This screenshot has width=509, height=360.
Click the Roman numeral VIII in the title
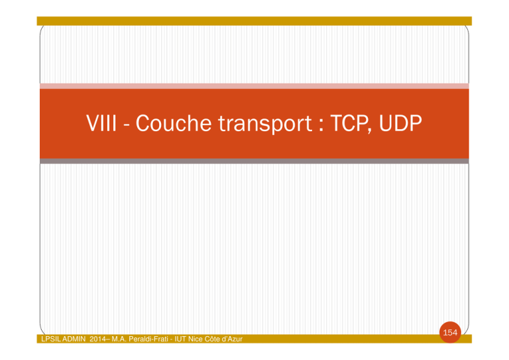pos(101,123)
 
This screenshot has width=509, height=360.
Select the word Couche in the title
pos(174,123)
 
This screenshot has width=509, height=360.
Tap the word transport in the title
pos(265,125)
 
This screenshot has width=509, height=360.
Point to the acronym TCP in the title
pos(349,123)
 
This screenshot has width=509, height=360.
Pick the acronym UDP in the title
pos(400,123)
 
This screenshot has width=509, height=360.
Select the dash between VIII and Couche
pos(127,125)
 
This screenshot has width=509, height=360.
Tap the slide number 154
pos(450,332)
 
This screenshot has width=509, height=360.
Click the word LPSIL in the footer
pos(51,339)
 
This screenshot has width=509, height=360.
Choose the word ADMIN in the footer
pos(74,339)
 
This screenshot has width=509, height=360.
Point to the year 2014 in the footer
pos(97,339)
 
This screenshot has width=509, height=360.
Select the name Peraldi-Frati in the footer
pos(148,339)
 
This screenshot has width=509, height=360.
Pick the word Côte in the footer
pos(212,339)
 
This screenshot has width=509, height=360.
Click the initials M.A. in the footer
pos(119,339)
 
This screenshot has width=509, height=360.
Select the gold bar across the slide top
pos(254,21)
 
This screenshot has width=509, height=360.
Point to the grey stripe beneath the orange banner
pos(254,161)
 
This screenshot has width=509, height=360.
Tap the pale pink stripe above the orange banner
pos(254,86)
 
